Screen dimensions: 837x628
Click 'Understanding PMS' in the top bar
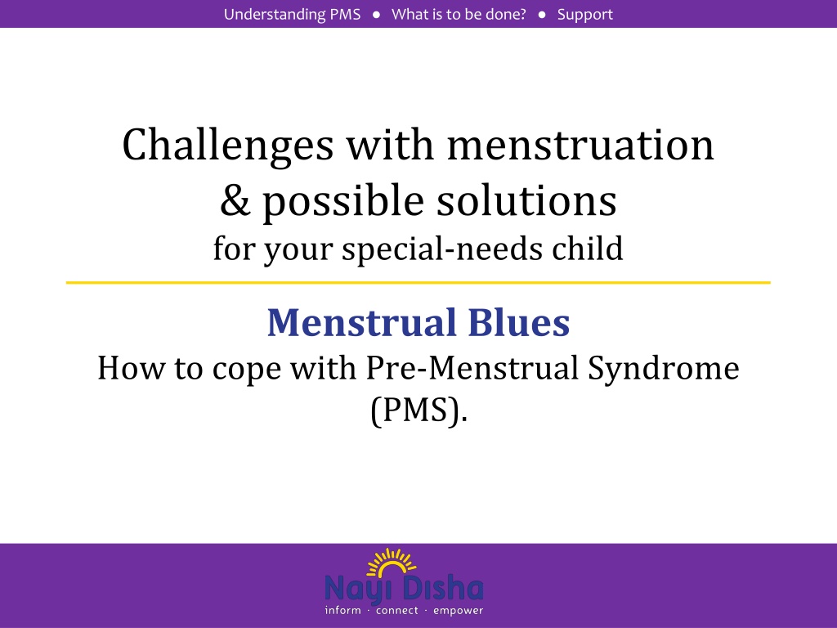[x=292, y=15]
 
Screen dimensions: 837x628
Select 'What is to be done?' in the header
[x=459, y=15]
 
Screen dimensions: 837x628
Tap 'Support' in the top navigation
[x=585, y=15]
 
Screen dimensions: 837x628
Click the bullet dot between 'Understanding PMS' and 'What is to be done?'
[x=376, y=15]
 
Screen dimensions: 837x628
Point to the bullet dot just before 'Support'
[x=542, y=15]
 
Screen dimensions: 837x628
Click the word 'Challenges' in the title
[x=228, y=146]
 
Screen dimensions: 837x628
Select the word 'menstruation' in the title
[x=580, y=146]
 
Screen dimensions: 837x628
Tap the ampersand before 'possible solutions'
[x=235, y=200]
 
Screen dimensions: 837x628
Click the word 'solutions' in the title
[x=527, y=200]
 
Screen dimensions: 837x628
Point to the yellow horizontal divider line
[x=418, y=282]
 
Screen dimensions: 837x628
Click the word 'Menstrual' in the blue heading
[x=362, y=322]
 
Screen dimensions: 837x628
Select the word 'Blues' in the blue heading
[x=519, y=322]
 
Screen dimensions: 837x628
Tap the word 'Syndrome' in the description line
[x=664, y=369]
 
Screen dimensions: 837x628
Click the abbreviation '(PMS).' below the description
[x=419, y=410]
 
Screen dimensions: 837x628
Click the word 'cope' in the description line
[x=247, y=370]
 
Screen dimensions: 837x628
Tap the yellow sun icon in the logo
[x=392, y=563]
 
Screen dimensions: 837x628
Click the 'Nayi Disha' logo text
[x=404, y=589]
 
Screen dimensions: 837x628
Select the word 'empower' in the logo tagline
[x=458, y=611]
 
